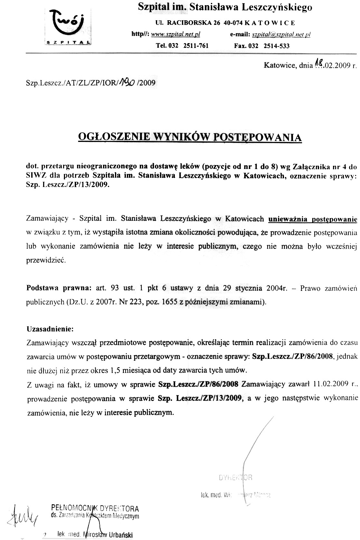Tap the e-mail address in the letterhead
click(x=281, y=34)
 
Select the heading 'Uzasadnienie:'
click(x=50, y=329)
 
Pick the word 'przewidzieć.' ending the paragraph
click(x=46, y=260)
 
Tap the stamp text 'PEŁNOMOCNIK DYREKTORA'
click(x=95, y=508)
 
